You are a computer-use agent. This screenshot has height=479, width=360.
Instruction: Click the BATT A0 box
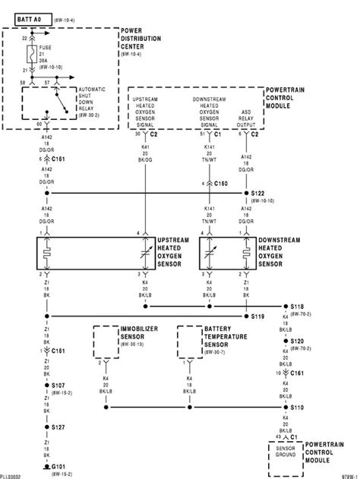(x=27, y=14)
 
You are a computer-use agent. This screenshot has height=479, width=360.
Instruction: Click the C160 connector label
(x=220, y=183)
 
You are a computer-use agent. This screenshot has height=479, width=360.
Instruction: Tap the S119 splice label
(x=257, y=315)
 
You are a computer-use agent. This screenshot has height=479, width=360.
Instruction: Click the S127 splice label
(x=58, y=428)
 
